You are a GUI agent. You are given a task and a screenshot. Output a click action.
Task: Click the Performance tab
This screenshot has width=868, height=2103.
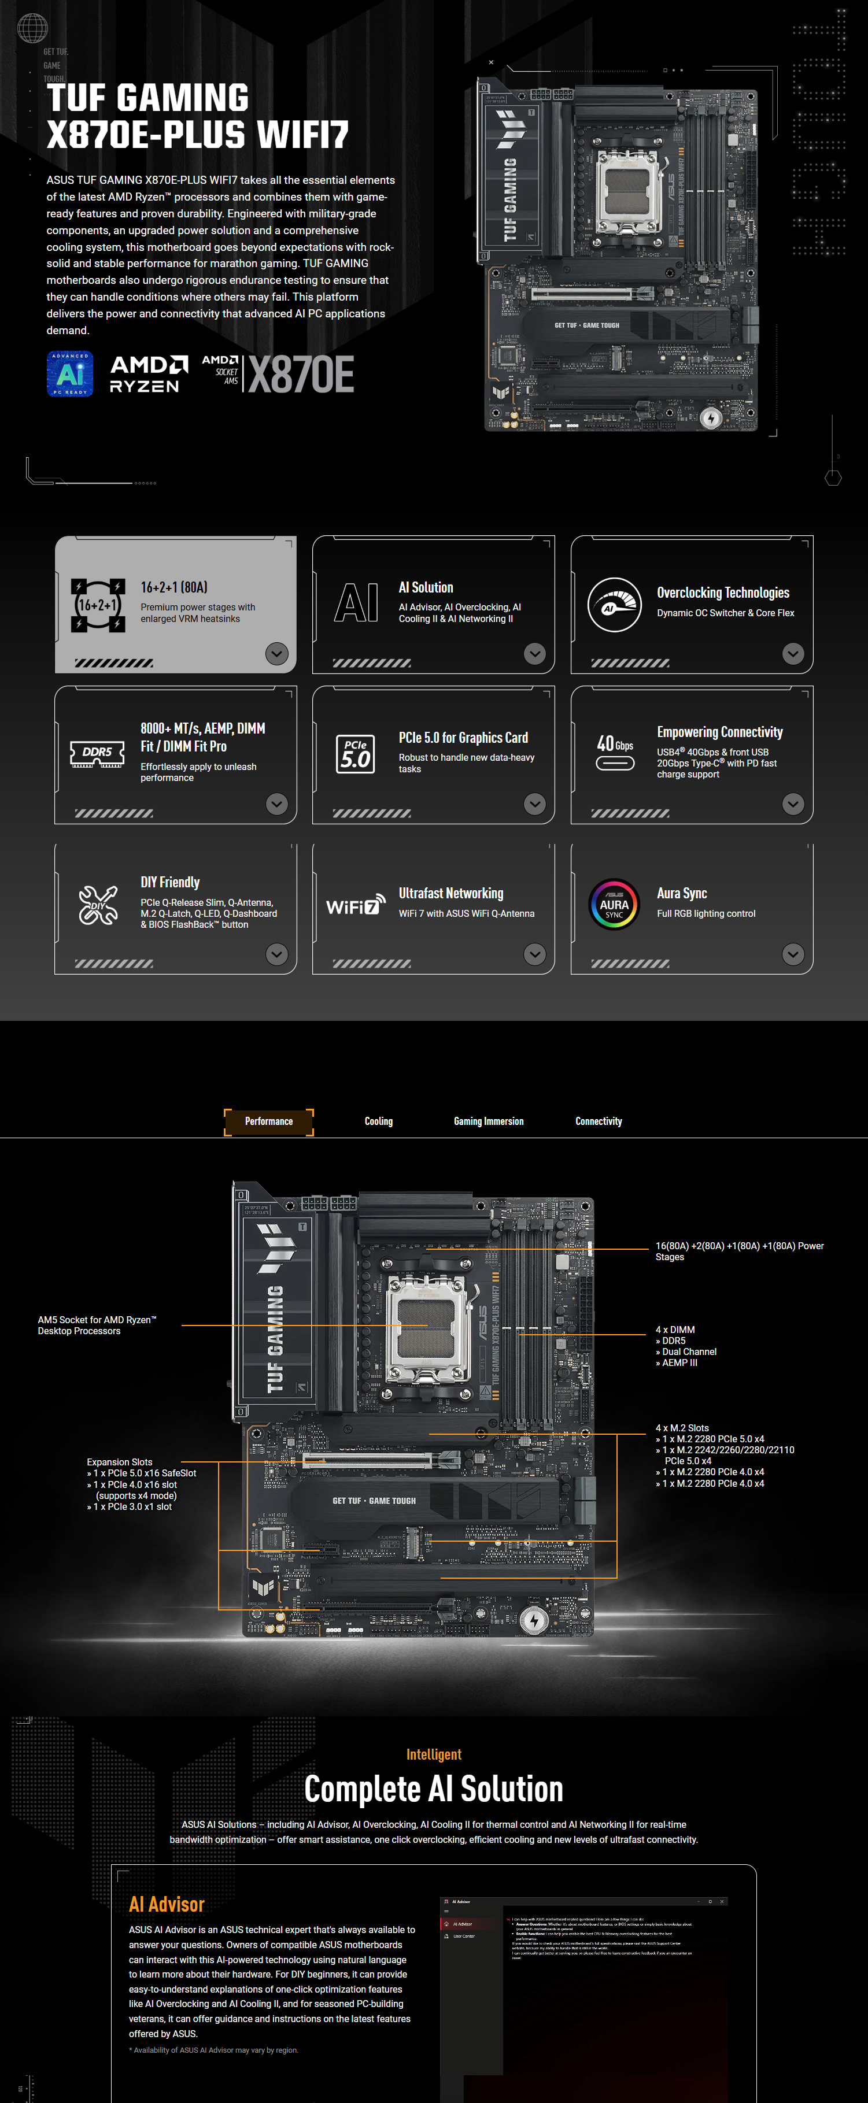click(269, 1121)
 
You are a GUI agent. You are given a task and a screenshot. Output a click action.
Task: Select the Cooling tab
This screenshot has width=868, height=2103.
click(378, 1121)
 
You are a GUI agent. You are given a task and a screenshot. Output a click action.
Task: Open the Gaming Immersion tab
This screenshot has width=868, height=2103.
click(488, 1121)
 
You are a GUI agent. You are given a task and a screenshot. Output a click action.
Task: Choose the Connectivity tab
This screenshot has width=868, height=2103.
click(599, 1121)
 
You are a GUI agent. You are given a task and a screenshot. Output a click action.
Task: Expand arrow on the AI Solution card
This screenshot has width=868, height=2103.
click(535, 653)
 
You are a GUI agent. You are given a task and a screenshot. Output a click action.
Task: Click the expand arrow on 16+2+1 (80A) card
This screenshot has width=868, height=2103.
click(277, 653)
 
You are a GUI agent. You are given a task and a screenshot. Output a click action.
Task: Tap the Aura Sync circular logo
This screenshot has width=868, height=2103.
click(614, 904)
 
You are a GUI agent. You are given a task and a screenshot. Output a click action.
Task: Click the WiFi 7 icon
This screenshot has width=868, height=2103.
click(355, 905)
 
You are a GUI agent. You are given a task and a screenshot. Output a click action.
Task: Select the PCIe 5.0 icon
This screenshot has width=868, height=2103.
click(355, 754)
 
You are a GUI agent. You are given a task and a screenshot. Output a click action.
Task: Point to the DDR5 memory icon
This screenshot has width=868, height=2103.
click(97, 754)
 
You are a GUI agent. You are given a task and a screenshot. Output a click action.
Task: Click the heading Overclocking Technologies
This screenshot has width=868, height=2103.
click(723, 593)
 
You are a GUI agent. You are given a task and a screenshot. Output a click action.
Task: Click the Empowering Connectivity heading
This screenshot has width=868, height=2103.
click(719, 732)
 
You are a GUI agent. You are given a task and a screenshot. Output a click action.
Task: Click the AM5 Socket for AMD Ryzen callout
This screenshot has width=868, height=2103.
click(97, 1325)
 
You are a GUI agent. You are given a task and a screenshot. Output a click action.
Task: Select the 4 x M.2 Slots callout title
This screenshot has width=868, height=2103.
click(682, 1428)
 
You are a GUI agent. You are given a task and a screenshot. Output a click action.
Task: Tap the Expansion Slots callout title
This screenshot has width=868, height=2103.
click(119, 1462)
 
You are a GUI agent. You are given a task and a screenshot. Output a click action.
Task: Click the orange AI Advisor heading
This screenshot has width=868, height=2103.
click(167, 1904)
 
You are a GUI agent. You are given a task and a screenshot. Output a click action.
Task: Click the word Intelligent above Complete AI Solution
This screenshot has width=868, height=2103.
click(434, 1754)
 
